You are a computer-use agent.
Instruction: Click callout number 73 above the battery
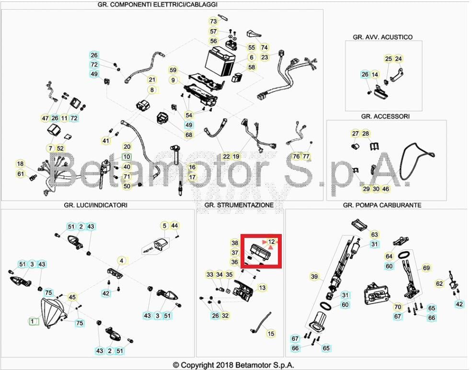213,22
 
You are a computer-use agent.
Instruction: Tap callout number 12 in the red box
272,241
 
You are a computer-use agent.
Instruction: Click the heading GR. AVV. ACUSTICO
382,37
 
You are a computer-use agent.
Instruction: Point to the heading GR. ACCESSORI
385,116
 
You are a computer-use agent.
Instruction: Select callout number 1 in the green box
33,322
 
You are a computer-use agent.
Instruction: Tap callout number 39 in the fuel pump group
314,277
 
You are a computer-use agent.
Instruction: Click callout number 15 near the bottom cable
271,334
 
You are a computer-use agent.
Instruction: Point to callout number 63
374,235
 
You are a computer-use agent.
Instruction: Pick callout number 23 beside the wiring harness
265,57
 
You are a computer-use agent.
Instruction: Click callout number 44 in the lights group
174,225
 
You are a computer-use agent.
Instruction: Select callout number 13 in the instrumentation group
262,288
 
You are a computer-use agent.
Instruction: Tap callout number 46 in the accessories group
386,189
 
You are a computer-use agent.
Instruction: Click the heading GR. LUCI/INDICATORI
95,205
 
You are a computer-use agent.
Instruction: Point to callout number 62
439,283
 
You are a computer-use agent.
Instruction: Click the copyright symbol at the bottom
176,365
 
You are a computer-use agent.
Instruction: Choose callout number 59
173,70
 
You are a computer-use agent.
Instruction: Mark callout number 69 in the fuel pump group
426,268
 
